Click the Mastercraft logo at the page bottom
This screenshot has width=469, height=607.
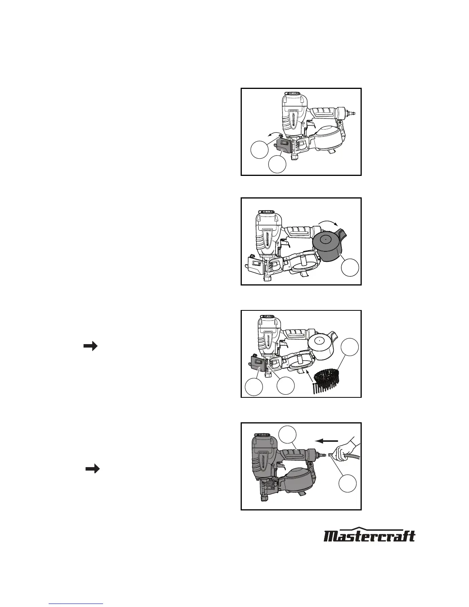click(369, 534)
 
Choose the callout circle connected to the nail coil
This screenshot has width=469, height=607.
click(350, 347)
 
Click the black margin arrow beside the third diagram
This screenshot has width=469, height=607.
click(90, 346)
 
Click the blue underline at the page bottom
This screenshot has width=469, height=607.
click(76, 603)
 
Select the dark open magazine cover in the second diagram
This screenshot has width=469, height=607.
click(329, 246)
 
